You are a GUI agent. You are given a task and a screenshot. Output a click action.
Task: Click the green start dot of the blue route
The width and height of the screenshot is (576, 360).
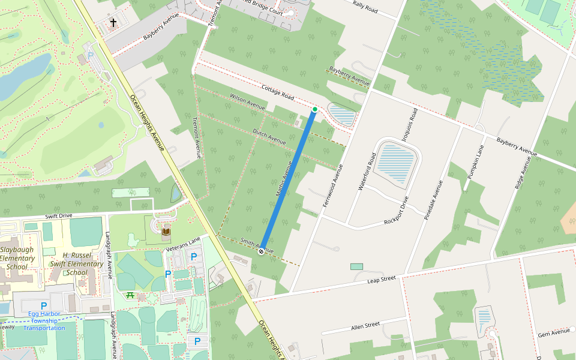(314, 109)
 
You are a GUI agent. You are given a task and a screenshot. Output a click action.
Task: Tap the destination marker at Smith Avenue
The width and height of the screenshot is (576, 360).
(262, 251)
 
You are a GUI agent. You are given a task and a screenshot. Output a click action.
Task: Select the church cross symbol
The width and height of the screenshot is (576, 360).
(113, 23)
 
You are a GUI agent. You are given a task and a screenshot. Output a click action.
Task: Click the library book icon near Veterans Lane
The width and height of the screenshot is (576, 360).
(166, 231)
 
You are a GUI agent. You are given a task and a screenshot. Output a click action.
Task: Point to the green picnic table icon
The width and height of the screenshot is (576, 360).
(130, 295)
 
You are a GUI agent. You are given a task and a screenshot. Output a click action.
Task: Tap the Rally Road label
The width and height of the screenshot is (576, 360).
(365, 8)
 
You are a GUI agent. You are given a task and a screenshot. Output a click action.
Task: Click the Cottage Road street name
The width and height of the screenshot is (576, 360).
(278, 92)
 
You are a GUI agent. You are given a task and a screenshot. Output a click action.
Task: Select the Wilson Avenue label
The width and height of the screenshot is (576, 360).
(247, 101)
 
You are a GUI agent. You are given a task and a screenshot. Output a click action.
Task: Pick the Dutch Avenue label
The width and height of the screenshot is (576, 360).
(268, 136)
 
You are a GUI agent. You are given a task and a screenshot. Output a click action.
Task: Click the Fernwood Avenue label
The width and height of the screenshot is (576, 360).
(333, 185)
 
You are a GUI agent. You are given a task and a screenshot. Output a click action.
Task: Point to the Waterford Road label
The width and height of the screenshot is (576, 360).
(367, 171)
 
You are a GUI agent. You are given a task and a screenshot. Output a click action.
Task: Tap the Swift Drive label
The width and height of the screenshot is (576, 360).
(58, 215)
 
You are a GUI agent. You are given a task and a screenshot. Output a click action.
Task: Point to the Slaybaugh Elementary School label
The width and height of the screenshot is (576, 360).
(17, 258)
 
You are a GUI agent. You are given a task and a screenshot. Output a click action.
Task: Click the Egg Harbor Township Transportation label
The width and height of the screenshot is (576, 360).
(44, 320)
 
